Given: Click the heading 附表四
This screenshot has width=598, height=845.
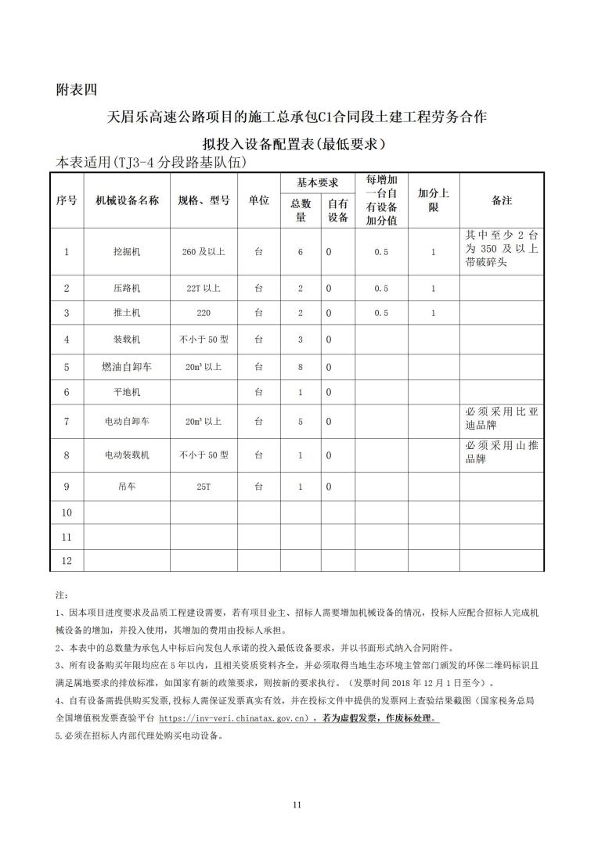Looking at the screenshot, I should [77, 89].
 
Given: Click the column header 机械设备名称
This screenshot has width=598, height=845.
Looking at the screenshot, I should [127, 200].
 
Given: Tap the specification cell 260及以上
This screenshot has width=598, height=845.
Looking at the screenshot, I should [204, 252].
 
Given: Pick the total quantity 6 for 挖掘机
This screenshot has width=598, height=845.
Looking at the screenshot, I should [300, 252].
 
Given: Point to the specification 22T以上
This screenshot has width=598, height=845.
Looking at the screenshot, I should [204, 289].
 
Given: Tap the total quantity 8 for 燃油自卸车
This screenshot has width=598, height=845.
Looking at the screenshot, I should [300, 366].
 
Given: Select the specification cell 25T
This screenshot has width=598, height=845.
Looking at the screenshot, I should [204, 487].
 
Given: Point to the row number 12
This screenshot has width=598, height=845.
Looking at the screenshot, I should [67, 561].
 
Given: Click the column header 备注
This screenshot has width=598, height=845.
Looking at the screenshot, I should [501, 200].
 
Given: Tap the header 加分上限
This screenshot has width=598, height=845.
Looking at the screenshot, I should [433, 200].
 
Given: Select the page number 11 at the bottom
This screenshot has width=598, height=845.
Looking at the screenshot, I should [297, 804].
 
